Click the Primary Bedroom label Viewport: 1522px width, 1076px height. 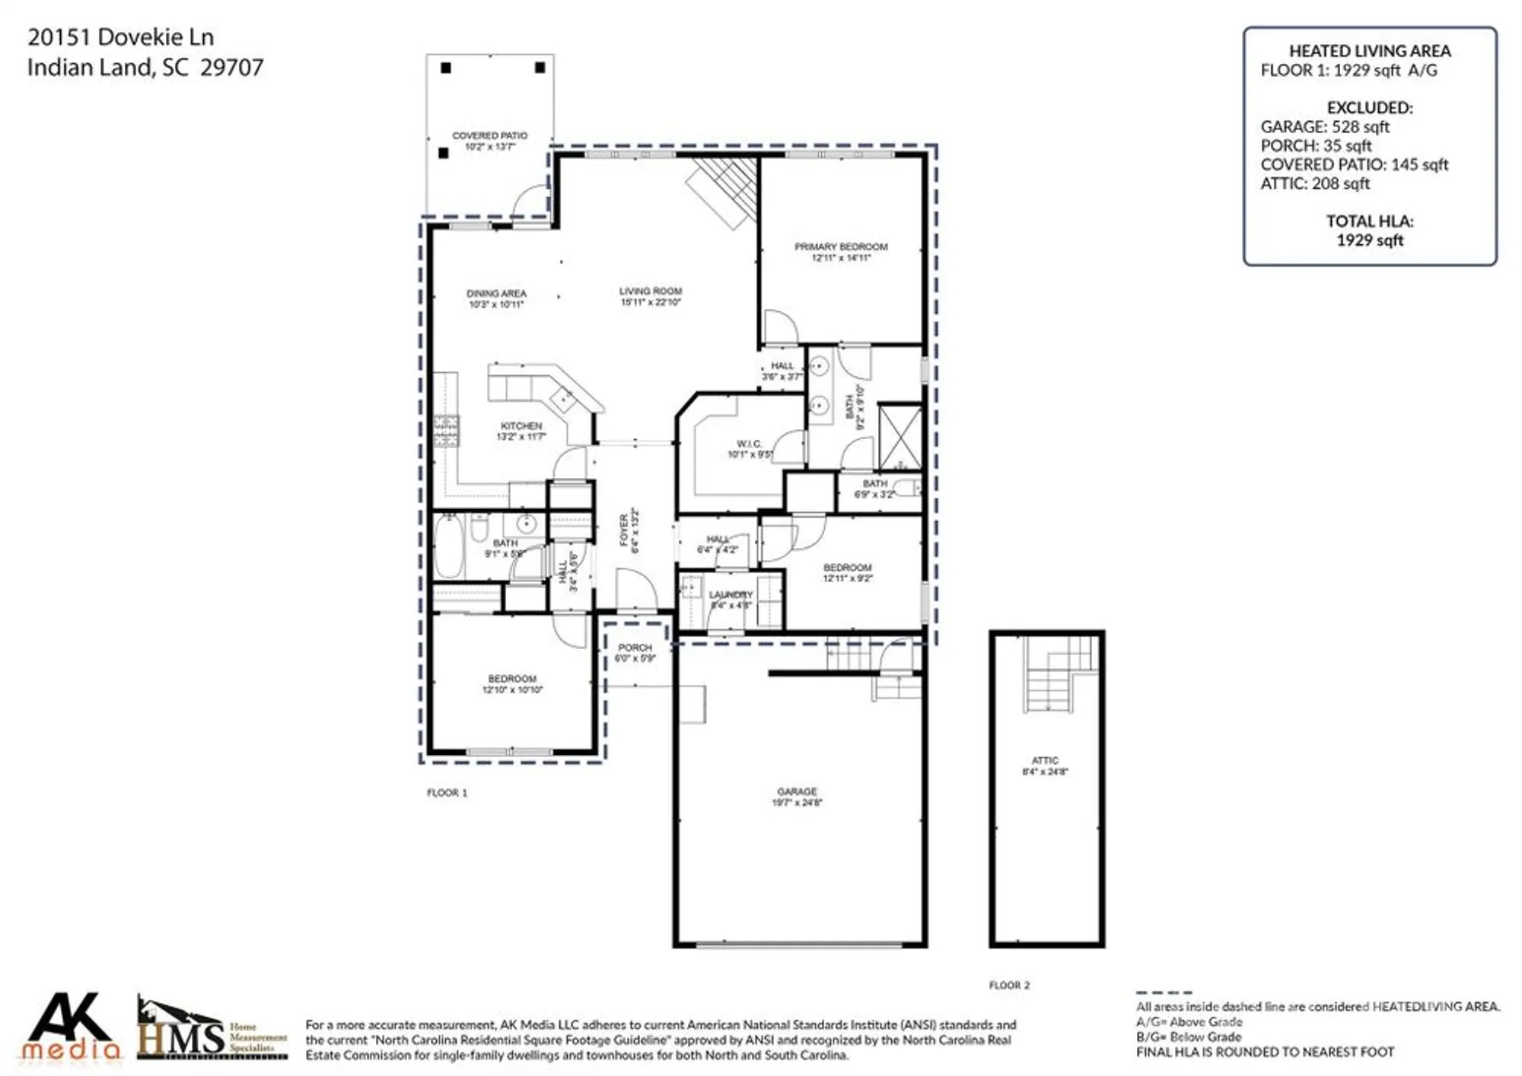841,247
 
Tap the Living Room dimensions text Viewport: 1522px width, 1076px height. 651,302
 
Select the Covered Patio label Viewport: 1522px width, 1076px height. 489,135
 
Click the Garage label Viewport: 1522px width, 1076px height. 797,791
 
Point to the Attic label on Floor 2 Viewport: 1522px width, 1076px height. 1045,760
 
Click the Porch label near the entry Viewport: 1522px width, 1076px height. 635,648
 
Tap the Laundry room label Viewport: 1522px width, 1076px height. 731,594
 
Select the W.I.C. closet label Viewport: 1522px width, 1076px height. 749,444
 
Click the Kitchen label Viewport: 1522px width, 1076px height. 521,426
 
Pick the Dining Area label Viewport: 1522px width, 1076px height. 496,293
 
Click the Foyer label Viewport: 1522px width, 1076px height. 624,530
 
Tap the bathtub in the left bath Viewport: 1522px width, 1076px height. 448,546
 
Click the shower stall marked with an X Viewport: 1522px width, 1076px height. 900,438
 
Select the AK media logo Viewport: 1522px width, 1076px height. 70,1027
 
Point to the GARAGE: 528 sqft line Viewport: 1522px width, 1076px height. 1324,127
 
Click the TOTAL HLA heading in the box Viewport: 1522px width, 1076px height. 1370,221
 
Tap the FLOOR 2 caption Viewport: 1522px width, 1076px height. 1009,985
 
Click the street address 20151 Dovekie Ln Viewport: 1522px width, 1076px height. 120,37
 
